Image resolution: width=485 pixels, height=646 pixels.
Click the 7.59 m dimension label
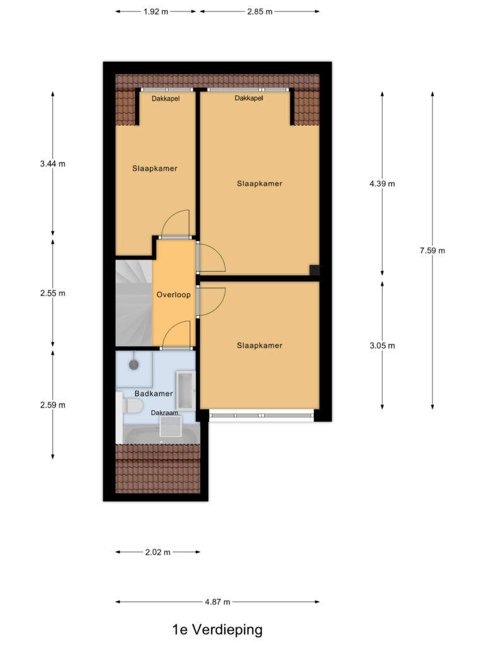point(432,250)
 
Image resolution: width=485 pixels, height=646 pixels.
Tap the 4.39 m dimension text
point(382,184)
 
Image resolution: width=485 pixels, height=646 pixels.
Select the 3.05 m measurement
point(382,345)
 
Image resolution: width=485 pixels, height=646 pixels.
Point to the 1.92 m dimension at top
point(156,11)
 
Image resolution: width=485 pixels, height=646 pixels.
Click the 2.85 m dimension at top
point(260,11)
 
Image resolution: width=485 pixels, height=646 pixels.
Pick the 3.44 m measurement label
point(52,163)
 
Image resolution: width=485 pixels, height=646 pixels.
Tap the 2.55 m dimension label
point(52,293)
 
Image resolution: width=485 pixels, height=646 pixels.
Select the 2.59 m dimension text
point(52,404)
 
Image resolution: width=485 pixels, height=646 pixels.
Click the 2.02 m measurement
point(158,552)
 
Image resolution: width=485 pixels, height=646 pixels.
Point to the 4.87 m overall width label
point(217,602)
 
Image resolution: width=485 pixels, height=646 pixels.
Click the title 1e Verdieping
point(217,629)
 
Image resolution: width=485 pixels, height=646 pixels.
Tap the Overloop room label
point(173,294)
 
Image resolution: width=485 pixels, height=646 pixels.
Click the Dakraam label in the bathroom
point(164,413)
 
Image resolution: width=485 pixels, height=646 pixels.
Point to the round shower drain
point(133,365)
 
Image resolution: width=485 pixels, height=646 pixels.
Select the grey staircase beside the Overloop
point(134,303)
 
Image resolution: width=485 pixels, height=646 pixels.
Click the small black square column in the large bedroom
point(314,270)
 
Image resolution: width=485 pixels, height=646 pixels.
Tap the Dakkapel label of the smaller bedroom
point(165,98)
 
